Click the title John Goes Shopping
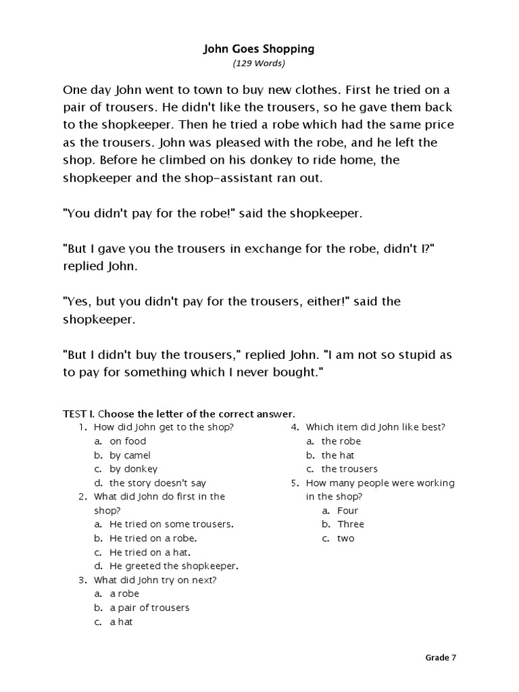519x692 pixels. coord(259,49)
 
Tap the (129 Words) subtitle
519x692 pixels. coord(259,64)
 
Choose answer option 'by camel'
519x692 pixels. coord(130,455)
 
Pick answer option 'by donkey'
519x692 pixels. coord(133,469)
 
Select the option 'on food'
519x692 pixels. coord(127,441)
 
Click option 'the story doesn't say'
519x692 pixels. coord(157,483)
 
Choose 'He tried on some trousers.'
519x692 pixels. coord(171,524)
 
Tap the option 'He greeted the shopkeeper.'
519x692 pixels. coord(174,566)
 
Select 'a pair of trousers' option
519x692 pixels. coord(149,608)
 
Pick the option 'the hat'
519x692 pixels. coord(337,455)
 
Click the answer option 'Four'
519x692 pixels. coord(347,511)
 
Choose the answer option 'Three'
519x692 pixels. coord(351,524)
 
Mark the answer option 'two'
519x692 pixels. coord(345,539)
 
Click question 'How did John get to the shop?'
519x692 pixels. coord(164,427)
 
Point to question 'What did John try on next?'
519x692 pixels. coord(155,580)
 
